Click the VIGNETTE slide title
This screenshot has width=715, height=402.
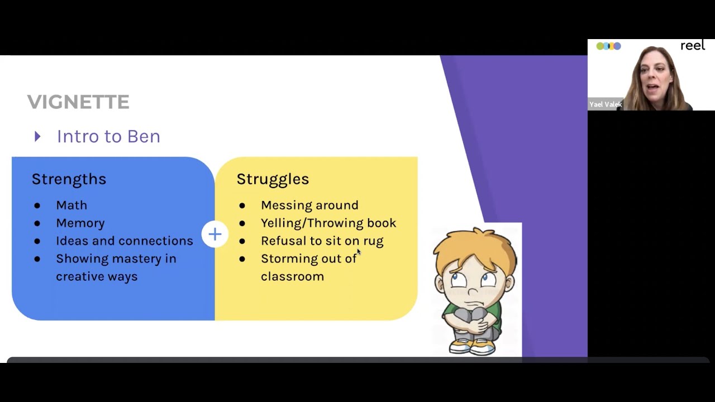click(78, 102)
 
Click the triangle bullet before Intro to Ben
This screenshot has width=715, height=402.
click(37, 136)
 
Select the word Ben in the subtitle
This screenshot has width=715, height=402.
click(144, 136)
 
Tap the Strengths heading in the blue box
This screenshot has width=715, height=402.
click(69, 179)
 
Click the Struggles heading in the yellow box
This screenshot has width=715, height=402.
click(273, 179)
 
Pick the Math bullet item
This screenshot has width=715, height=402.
click(71, 205)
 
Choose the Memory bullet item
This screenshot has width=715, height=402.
click(80, 223)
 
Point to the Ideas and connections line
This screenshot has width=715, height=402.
click(124, 241)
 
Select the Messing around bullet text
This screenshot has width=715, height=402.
click(309, 205)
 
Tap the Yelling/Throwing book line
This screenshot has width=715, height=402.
click(328, 223)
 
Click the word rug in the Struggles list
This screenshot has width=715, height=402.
click(373, 241)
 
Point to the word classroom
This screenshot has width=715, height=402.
click(292, 276)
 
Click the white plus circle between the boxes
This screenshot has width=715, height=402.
click(215, 234)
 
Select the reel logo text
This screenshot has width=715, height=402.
click(693, 46)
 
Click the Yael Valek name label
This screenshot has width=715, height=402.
click(606, 104)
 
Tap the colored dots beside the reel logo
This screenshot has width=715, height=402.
click(608, 46)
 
